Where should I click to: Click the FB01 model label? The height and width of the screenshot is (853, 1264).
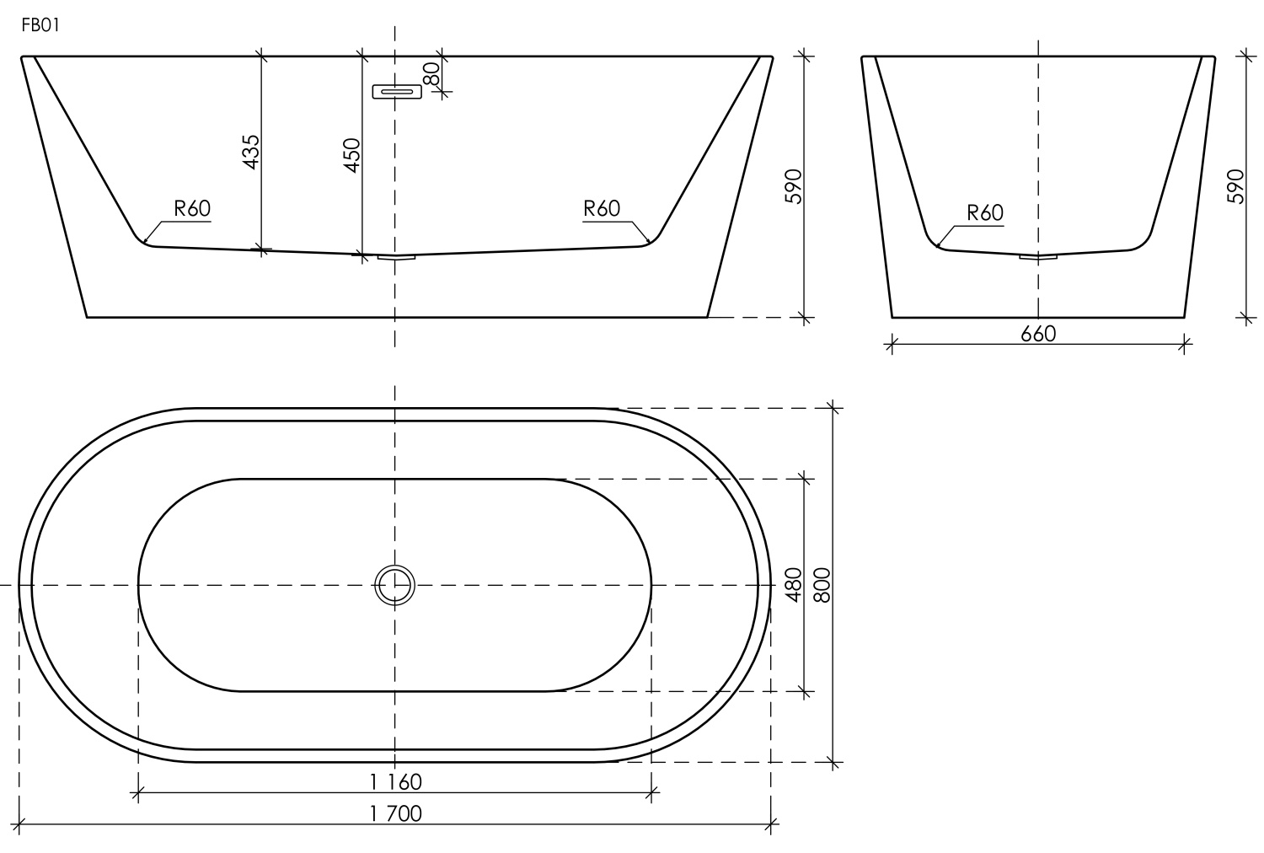40,26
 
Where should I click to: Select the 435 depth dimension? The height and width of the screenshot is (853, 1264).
251,152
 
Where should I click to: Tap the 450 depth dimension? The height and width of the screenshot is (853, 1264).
351,155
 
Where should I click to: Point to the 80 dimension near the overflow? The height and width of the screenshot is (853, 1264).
431,73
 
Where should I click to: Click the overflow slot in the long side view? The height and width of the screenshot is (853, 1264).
397,91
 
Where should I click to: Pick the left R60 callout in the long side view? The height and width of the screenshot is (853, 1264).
192,208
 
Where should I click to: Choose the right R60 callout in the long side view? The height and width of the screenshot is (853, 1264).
602,208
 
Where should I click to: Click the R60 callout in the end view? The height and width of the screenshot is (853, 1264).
985,212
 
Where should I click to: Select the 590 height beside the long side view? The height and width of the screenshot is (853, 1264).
793,186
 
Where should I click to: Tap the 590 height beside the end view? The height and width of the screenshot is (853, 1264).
1235,186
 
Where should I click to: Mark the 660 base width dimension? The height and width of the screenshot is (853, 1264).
1038,334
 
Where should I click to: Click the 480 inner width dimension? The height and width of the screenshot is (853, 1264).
793,584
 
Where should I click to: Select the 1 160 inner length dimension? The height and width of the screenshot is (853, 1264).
395,781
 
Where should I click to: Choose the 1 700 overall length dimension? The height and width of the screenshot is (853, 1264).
395,813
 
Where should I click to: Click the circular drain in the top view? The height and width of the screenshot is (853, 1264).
394,584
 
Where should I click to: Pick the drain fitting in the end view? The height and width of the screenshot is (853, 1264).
1038,256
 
